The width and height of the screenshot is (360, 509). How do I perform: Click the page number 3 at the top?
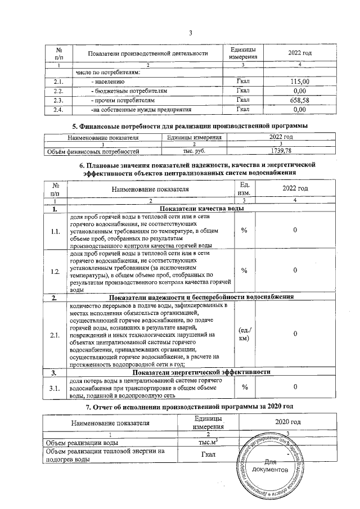tap(191, 31)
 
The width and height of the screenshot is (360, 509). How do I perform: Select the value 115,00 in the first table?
tap(299, 82)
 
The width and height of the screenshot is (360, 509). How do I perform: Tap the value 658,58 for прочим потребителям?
tap(299, 100)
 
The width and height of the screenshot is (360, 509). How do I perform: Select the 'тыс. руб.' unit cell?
tap(193, 151)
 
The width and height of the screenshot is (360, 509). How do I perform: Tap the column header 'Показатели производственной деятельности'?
tap(148, 53)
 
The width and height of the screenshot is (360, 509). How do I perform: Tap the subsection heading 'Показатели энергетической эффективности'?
tap(200, 372)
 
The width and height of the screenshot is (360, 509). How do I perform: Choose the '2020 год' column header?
tap(287, 422)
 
